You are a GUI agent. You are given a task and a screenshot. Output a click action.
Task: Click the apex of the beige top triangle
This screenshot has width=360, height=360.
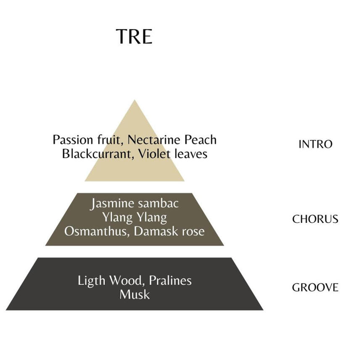(135, 100)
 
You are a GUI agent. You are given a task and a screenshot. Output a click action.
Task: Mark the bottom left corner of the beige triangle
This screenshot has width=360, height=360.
(85, 181)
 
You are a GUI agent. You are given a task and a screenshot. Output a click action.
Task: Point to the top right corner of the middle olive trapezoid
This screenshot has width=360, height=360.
(192, 193)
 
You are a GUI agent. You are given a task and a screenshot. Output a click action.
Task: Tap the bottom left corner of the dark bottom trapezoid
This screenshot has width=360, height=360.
(6, 310)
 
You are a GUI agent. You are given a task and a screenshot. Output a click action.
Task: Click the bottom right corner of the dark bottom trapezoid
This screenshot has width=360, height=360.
(263, 310)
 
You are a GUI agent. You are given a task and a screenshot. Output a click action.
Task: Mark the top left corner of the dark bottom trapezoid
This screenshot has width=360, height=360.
(38, 258)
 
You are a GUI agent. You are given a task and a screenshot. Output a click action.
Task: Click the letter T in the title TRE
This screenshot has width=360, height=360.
(122, 37)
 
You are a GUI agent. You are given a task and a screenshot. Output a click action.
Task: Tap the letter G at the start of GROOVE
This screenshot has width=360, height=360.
(296, 287)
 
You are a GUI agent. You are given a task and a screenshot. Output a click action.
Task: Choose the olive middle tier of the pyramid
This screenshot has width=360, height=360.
(135, 219)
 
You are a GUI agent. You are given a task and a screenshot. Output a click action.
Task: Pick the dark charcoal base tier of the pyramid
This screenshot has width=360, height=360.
(135, 284)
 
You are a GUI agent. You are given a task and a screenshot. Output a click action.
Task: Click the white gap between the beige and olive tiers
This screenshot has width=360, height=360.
(135, 187)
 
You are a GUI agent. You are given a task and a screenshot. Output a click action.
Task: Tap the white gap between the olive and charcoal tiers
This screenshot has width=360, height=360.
(135, 251)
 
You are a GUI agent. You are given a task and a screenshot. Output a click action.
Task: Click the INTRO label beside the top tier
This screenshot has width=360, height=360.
(315, 144)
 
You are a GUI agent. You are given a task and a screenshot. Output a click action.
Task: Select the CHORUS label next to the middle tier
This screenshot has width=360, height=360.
(315, 219)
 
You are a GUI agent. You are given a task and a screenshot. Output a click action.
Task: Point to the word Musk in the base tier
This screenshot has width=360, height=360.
(135, 294)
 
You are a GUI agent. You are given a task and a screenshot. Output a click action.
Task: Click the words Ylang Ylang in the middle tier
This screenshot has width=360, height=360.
(135, 217)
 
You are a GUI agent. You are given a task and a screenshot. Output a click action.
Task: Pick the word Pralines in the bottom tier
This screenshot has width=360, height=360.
(170, 281)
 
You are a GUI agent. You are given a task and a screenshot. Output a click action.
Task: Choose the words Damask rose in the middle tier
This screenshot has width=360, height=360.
(169, 231)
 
